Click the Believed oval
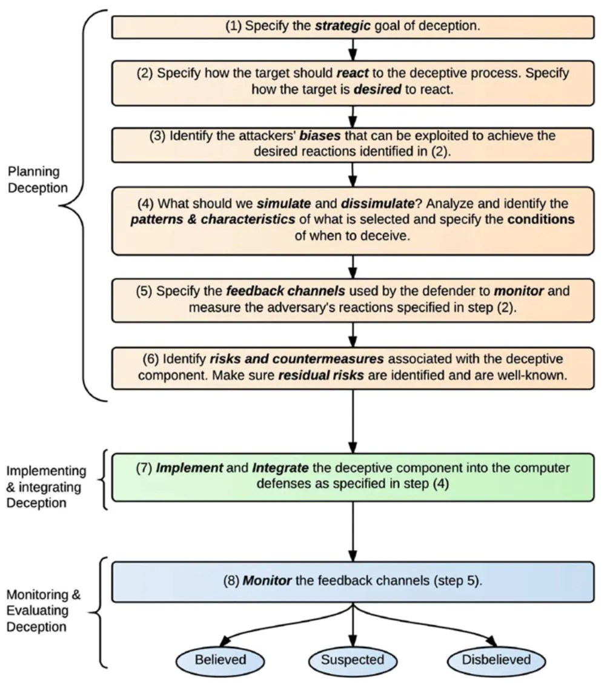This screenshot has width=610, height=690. pyautogui.click(x=220, y=660)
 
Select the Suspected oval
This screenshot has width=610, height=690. pyautogui.click(x=353, y=660)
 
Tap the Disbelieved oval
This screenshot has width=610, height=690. pyautogui.click(x=497, y=660)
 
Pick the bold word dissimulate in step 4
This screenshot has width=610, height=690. pyautogui.click(x=360, y=205)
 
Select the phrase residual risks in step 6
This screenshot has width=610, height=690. pyautogui.click(x=321, y=375)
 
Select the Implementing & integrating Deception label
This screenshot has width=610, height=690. pyautogui.click(x=45, y=486)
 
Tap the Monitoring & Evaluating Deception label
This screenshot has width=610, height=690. pyautogui.click(x=42, y=609)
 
